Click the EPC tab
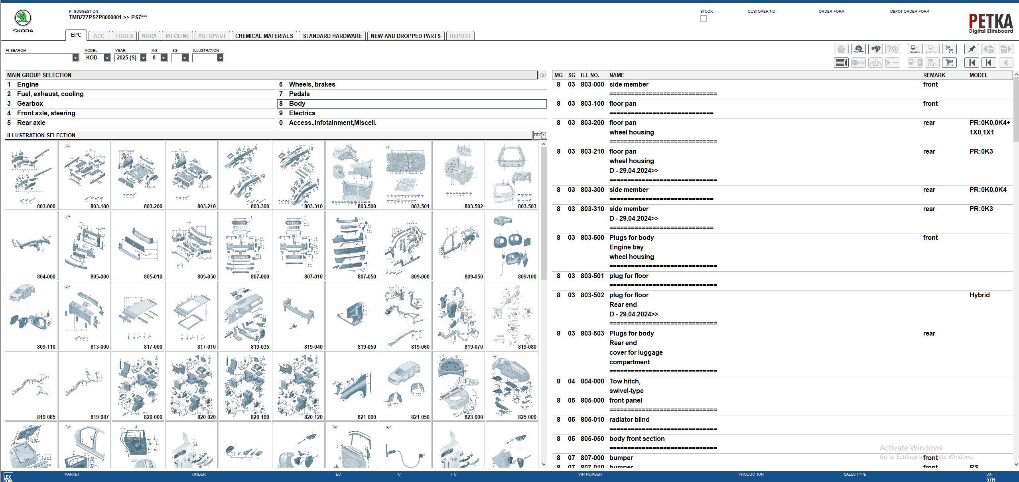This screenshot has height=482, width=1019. coord(76,35)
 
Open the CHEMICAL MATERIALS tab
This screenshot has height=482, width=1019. coord(264,36)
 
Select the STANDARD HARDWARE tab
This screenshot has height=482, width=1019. coord(332,36)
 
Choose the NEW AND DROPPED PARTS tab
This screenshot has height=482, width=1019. coord(405,36)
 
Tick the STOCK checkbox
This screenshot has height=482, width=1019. coord(704,18)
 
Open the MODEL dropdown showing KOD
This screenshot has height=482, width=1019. coord(107,58)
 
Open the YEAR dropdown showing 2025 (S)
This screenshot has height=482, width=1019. coord(143,58)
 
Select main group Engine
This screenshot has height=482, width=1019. coord(28,85)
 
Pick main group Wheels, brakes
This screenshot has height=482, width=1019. coord(312,85)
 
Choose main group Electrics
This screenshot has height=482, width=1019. coord(302,113)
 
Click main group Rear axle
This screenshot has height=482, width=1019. coord(31,123)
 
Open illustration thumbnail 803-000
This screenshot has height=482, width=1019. coord(31,175)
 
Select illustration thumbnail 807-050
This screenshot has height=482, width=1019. coord(351,245)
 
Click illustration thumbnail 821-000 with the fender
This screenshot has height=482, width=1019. coord(351,386)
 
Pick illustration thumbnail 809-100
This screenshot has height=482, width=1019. coord(512,245)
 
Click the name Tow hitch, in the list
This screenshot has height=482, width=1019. coord(625,381)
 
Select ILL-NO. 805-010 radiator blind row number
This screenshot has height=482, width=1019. coord(592,420)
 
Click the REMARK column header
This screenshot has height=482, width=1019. coord(934,75)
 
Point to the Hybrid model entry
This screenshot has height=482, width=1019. coord(979,295)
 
